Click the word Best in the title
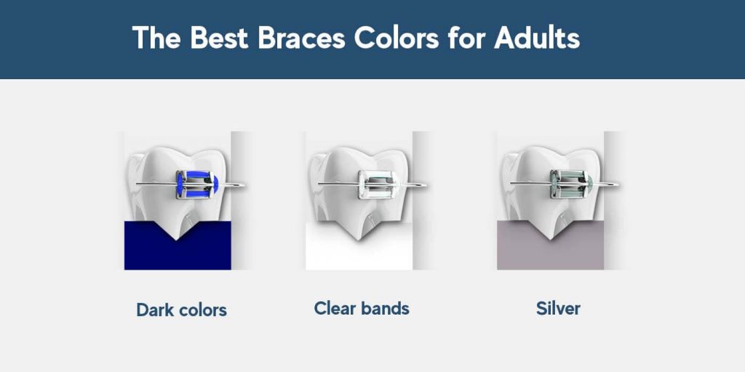[219, 38]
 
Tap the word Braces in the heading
[301, 38]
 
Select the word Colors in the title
[397, 38]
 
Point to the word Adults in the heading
[537, 38]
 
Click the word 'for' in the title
[466, 38]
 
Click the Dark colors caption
[181, 310]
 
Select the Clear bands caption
[362, 308]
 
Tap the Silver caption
[558, 308]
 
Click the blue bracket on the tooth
[196, 184]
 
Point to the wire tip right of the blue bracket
[244, 185]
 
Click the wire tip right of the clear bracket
[425, 185]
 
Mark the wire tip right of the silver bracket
[617, 184]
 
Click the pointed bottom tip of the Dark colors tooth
[176, 240]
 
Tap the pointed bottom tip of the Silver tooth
[549, 240]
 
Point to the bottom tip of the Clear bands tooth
[358, 240]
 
